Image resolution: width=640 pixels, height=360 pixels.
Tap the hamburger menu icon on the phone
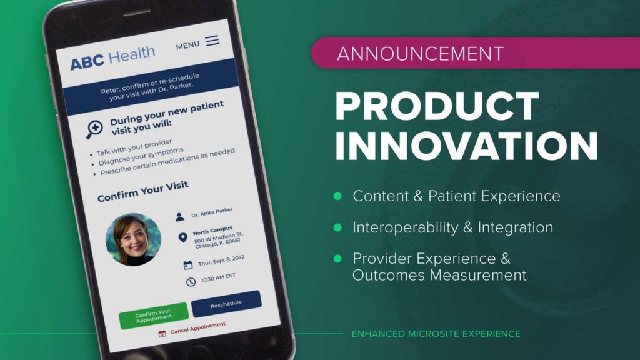click(212, 41)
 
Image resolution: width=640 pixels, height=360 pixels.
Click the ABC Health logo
click(112, 58)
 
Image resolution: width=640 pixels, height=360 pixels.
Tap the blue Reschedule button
click(226, 304)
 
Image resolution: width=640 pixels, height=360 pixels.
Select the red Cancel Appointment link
click(192, 329)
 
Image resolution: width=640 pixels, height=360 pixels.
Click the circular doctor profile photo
click(134, 239)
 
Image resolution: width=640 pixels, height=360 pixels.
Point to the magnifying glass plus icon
click(94, 129)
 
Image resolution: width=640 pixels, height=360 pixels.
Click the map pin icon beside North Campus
click(183, 237)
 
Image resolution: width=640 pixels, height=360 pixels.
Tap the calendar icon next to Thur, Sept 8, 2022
click(187, 265)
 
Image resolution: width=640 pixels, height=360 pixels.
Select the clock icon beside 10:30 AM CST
click(191, 282)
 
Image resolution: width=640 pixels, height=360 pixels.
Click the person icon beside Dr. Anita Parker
click(179, 217)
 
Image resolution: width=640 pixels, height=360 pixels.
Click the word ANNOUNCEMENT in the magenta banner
click(421, 54)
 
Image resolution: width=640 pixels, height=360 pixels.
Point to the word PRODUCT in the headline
click(437, 106)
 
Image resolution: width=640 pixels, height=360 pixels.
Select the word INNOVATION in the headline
click(466, 146)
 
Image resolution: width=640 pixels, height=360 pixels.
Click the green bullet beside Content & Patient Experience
click(337, 196)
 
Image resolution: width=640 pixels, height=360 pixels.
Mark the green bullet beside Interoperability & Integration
click(337, 227)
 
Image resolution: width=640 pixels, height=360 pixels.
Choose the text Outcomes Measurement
click(439, 275)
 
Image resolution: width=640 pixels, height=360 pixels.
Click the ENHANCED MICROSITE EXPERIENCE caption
click(436, 334)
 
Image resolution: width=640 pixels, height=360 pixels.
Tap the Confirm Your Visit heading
click(143, 191)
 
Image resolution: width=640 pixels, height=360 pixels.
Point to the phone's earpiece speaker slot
click(137, 12)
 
